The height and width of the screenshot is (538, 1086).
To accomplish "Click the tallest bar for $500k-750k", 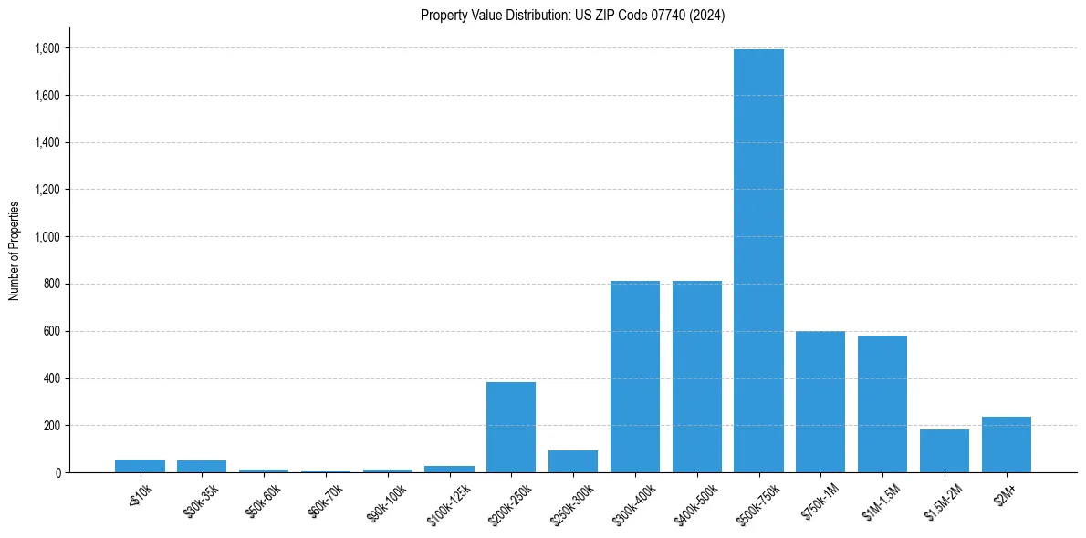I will click(758, 261).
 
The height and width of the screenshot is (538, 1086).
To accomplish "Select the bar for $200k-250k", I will click(511, 427).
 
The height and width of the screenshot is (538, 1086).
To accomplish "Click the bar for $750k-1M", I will click(820, 402).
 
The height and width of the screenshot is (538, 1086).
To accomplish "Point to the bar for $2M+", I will click(1007, 445).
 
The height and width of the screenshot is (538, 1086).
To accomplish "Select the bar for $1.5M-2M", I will click(945, 450).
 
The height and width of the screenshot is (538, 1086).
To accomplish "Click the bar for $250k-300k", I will click(573, 461).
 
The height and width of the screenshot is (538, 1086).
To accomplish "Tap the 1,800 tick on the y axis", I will click(47, 48).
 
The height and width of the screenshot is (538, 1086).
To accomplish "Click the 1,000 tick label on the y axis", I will click(47, 237).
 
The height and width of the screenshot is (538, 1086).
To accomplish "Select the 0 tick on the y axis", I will click(57, 473).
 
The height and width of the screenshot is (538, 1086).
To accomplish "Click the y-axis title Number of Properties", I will click(15, 251).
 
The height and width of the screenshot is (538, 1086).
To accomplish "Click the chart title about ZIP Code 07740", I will click(572, 16).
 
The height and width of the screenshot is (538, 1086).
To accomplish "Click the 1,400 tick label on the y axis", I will click(47, 143).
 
